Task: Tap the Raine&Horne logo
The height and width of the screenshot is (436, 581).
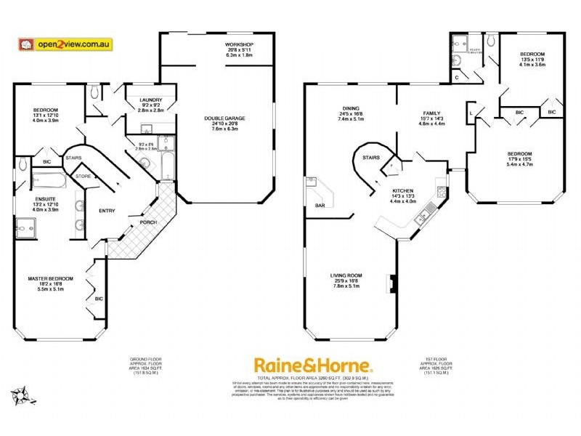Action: click(x=312, y=366)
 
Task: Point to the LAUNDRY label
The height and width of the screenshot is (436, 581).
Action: click(x=142, y=100)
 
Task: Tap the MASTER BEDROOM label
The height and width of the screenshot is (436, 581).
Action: click(x=51, y=279)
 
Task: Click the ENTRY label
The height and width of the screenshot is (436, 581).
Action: click(x=107, y=211)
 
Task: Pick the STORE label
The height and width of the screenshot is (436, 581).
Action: click(x=84, y=176)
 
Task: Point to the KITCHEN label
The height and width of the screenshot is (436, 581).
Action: click(x=383, y=190)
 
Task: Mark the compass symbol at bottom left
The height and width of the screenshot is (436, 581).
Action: click(x=21, y=397)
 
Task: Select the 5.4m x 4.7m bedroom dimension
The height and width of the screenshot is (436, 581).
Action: click(x=519, y=164)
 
